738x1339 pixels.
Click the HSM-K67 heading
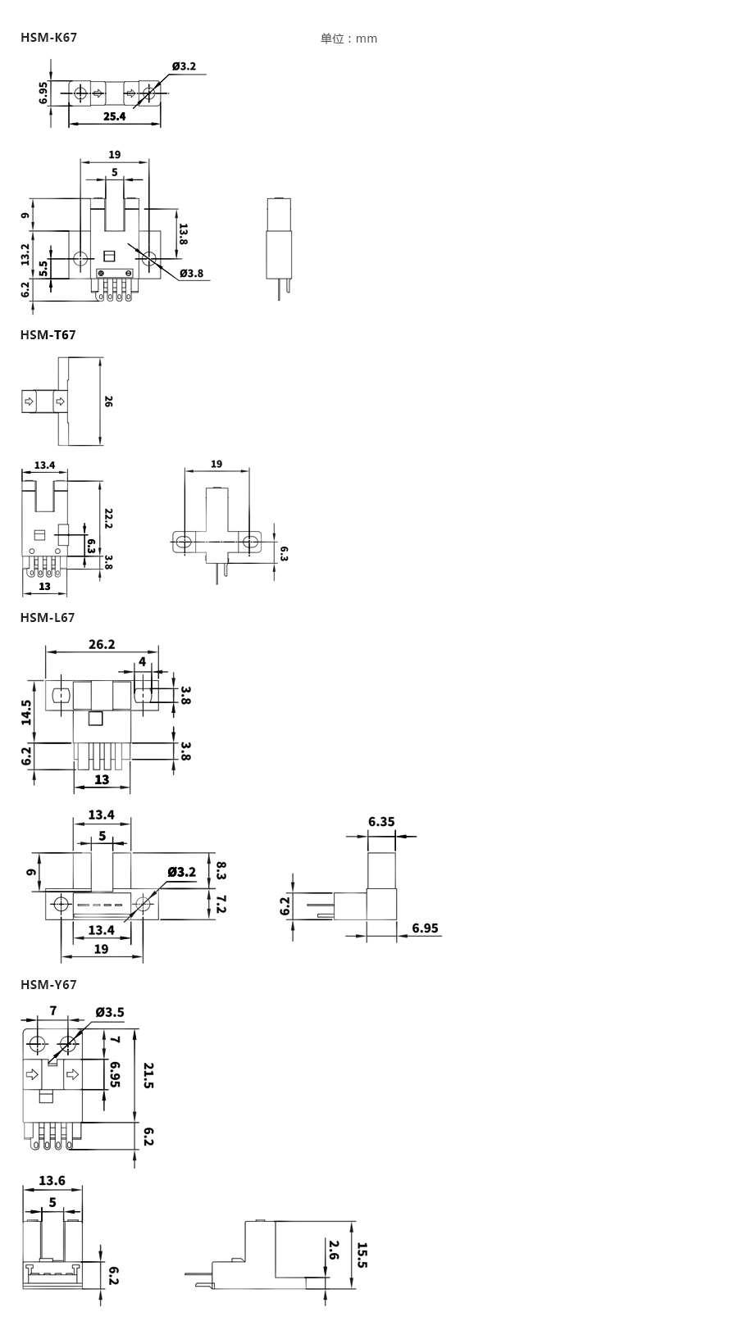pos(48,37)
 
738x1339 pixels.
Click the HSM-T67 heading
pos(48,334)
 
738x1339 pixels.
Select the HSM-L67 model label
pos(48,617)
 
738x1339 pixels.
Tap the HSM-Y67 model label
pos(48,984)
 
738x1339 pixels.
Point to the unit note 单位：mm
pos(348,39)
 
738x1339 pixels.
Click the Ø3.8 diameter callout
pos(191,273)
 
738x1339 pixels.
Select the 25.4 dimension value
pos(115,116)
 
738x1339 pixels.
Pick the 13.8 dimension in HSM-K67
pos(183,234)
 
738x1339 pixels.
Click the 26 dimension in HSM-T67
pos(109,402)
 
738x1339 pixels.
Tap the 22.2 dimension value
pos(108,518)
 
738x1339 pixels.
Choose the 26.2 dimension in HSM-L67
pos(102,645)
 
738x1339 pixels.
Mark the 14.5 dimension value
pos(27,711)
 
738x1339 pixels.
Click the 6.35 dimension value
pos(381,821)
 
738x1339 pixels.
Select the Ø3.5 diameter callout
pos(110,1012)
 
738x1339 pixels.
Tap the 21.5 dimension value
pos(148,1075)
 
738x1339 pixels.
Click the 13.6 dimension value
pos(52,1181)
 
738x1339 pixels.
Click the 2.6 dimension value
pos(334,1250)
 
